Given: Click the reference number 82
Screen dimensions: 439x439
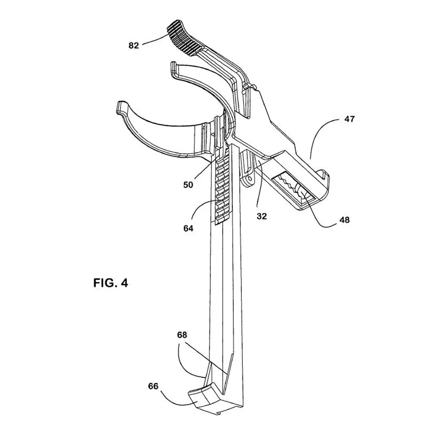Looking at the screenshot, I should (133, 45).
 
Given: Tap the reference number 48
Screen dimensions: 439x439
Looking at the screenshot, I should (345, 220).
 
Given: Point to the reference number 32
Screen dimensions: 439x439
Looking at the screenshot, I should (262, 216).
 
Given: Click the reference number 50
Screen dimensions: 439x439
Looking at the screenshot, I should (188, 185).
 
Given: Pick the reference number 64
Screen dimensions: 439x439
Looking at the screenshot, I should (188, 228).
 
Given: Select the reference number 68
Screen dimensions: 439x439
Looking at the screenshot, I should (182, 335).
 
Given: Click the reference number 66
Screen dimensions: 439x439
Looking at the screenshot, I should (153, 386).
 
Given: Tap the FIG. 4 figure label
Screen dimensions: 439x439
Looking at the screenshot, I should (111, 283).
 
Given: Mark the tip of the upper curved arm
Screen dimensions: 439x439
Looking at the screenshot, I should (173, 68).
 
